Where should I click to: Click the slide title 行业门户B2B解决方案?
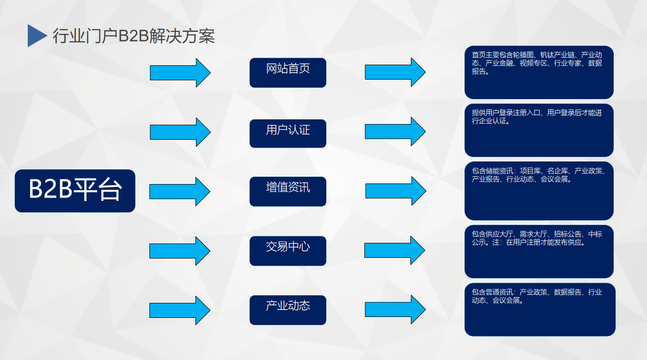[x=134, y=36]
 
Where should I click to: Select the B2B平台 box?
[x=75, y=191]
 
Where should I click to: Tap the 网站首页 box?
[x=288, y=73]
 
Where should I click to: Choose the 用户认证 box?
[x=288, y=133]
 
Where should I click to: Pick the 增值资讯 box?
[x=288, y=192]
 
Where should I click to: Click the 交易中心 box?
[x=288, y=251]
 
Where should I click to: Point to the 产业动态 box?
[x=288, y=310]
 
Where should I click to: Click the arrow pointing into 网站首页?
[x=180, y=73]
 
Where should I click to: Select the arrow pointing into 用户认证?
[x=180, y=132]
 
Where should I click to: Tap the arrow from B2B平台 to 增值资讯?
[x=180, y=192]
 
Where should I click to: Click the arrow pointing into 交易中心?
[x=180, y=251]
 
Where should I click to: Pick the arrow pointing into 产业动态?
[x=180, y=310]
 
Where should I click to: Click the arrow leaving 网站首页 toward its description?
[x=395, y=72]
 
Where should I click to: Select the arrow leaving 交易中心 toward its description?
[x=395, y=250]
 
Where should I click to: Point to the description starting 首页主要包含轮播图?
[x=539, y=73]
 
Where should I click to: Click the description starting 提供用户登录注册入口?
[x=539, y=130]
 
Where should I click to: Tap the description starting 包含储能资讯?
[x=539, y=191]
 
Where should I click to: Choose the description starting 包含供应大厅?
[x=539, y=251]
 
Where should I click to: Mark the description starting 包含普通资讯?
[x=540, y=310]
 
